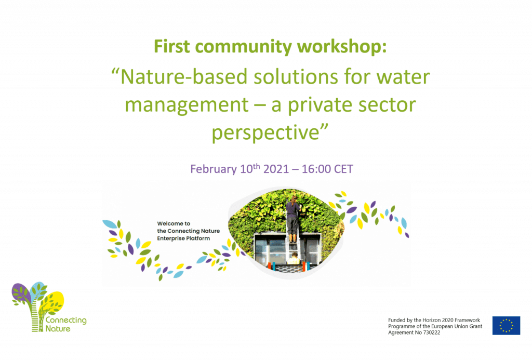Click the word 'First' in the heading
point(171,46)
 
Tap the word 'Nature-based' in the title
point(184,77)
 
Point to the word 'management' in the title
point(187,105)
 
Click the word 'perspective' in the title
point(265,132)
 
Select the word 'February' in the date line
point(214,169)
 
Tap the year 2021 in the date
point(276,169)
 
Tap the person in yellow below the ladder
point(294,259)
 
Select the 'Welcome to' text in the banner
point(174,223)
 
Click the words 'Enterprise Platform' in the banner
point(183,238)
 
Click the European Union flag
point(506,326)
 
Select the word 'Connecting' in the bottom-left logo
point(66,321)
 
